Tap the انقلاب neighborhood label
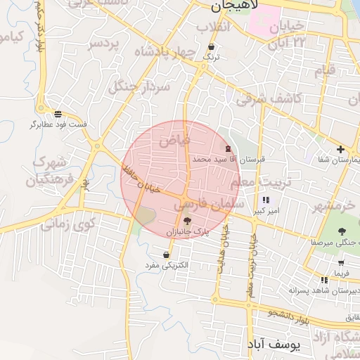click(x=214, y=27)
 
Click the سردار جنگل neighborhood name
click(x=140, y=86)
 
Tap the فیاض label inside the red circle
click(x=174, y=141)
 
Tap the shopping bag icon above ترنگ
click(x=212, y=48)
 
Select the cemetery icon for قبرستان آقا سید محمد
click(x=227, y=149)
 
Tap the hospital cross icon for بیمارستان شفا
click(x=341, y=149)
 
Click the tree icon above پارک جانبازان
click(x=186, y=221)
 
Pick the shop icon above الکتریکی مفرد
click(x=166, y=255)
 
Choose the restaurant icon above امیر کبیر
click(x=265, y=200)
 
